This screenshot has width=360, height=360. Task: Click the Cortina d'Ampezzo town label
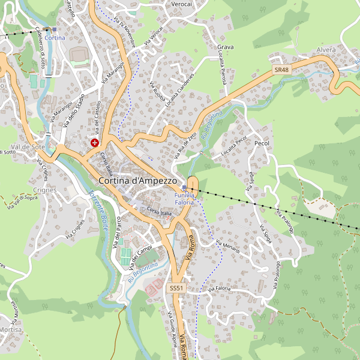(137, 180)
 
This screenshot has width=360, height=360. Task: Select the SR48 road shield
(281, 70)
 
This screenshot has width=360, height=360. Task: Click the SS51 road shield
(176, 289)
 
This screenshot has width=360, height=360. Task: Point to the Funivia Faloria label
(184, 199)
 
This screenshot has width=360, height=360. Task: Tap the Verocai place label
(182, 4)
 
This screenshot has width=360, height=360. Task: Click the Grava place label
(226, 47)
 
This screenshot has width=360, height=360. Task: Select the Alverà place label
(326, 50)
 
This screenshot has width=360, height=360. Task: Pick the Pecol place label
(262, 144)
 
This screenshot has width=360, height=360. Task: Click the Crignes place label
(45, 190)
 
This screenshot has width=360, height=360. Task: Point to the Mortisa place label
(11, 330)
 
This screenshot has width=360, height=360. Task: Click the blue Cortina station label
(55, 38)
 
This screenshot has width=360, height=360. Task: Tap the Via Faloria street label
(219, 289)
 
